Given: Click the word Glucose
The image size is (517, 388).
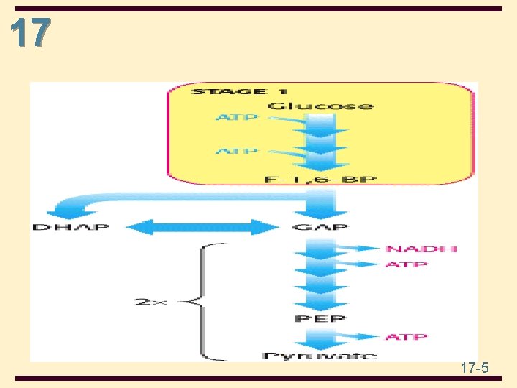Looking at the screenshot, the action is [x=320, y=106].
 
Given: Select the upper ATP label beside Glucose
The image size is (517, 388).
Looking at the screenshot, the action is [x=236, y=117].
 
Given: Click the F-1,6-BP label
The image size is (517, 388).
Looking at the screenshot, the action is [x=320, y=178].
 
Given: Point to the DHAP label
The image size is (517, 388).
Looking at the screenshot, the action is [x=70, y=228].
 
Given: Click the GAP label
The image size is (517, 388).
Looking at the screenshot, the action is [x=320, y=228].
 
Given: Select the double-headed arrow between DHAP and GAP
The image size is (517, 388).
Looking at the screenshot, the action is [x=202, y=228].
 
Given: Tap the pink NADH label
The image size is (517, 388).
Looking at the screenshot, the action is [x=421, y=249].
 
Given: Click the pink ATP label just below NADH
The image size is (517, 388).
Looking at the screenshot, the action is [x=406, y=264].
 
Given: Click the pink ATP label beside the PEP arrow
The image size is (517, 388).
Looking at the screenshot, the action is [x=406, y=336].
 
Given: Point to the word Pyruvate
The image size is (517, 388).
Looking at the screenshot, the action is [x=320, y=355].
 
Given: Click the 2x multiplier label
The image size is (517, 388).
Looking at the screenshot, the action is [x=151, y=302].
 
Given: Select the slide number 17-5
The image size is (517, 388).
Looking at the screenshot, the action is [x=475, y=369].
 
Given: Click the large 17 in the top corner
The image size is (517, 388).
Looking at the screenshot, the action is [x=31, y=32].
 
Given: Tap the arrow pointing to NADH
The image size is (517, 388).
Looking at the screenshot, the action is [x=363, y=249].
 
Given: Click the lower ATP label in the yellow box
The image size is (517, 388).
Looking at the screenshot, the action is [x=236, y=151].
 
